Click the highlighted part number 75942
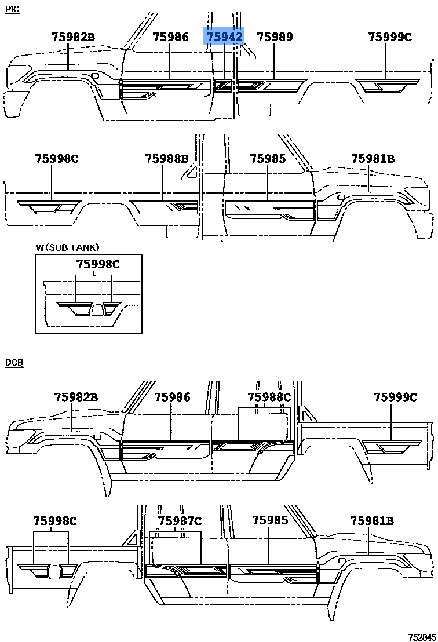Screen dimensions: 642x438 point(224,37)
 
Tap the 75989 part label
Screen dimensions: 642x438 point(275,37)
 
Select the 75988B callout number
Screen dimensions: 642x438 point(167,159)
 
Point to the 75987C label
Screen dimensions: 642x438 point(180,521)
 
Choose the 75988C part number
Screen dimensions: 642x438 point(269,397)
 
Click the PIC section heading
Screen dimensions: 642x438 point(12,10)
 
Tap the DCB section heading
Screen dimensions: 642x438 point(14,363)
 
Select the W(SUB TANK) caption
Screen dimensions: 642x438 point(68,247)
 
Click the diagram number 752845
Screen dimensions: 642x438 point(422,637)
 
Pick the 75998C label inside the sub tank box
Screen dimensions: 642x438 point(98,264)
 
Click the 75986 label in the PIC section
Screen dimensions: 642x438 point(171,37)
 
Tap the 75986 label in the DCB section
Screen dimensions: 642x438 point(172,397)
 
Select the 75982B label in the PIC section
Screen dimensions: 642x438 point(73,37)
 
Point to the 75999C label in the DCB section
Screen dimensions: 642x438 point(395,397)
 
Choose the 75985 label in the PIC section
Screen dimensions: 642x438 point(268,159)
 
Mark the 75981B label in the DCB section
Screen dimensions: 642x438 point(372,521)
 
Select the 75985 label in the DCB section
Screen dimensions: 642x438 point(270,520)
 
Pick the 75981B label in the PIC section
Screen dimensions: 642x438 point(373,159)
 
